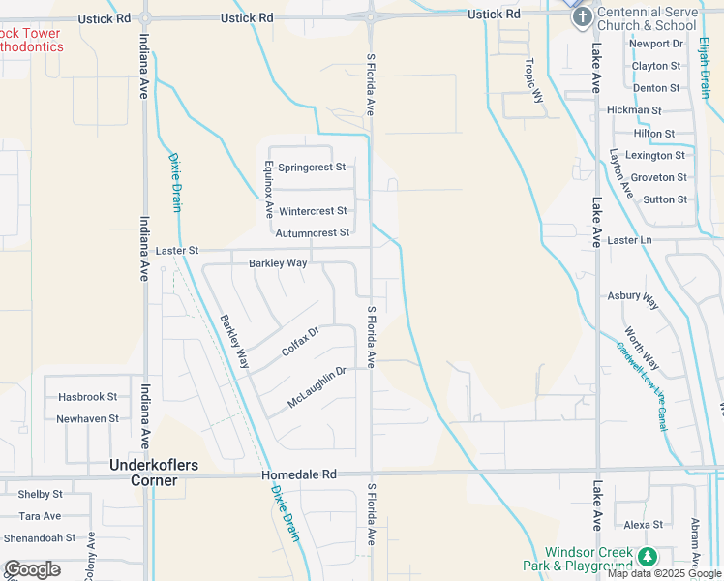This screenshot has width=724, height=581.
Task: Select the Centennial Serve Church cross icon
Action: [582, 16]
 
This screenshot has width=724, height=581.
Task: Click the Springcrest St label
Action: [312, 168]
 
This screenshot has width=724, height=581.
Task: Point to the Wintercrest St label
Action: [312, 211]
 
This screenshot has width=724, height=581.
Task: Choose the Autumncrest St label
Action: [312, 232]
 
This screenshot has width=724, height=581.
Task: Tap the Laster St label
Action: [177, 250]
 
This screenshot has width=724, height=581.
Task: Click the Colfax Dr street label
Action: [300, 340]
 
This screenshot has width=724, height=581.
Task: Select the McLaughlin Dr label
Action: [317, 387]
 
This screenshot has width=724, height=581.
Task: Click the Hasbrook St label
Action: [87, 397]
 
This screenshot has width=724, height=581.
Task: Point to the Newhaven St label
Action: [87, 419]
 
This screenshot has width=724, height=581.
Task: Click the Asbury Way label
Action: [633, 296]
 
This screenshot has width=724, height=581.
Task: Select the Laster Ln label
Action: [630, 240]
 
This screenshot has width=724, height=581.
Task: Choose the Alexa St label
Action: [644, 525]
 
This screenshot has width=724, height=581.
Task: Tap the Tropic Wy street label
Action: [532, 77]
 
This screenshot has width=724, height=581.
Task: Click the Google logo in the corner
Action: [32, 569]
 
